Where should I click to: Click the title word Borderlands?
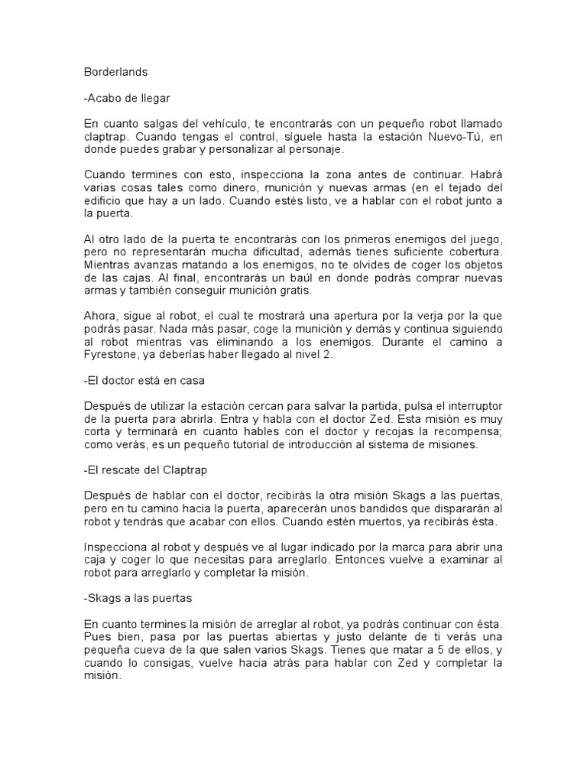point(115,72)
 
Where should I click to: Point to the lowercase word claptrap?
point(105,137)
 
